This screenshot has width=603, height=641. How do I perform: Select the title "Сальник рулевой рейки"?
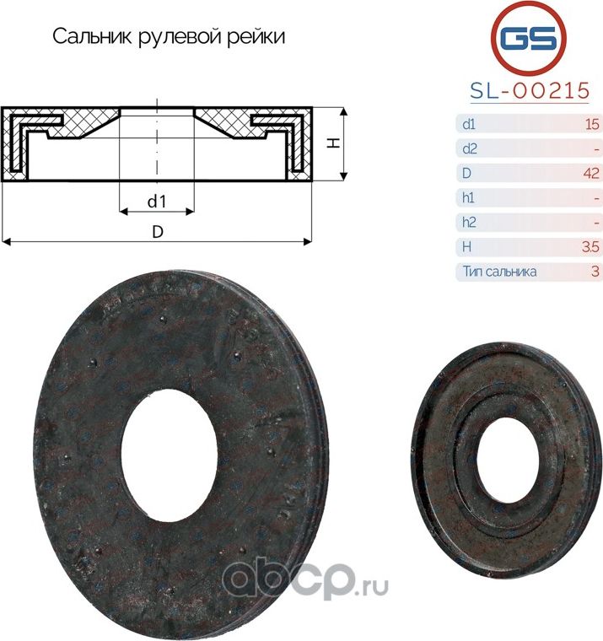169,37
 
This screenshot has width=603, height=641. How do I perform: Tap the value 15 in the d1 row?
591,125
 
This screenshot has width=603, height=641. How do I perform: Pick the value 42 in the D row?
590,174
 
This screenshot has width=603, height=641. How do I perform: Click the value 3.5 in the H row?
590,247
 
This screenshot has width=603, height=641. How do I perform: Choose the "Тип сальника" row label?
499,272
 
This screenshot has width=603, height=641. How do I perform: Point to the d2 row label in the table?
470,149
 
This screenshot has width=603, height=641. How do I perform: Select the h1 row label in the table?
469,198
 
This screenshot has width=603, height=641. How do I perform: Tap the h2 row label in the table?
470,223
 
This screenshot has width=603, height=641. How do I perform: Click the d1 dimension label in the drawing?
155,202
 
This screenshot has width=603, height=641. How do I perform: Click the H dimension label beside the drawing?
334,143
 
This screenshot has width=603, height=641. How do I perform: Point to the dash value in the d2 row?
595,149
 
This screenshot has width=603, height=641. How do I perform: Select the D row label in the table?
466,174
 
